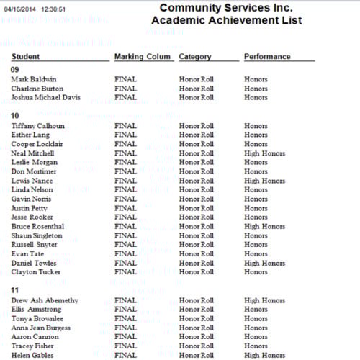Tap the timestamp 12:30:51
coord(54,9)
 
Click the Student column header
coord(25,56)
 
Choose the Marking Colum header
coord(143,56)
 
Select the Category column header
coord(194,56)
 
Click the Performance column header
coord(267,56)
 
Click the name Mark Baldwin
coord(34,79)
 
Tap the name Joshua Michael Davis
coord(45,97)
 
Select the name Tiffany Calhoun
coord(37,125)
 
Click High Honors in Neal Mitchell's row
coord(264,153)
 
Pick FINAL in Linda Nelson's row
coord(125,189)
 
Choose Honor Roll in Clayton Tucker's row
coord(197,272)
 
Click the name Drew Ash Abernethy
coord(45,300)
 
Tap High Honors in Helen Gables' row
coord(264,355)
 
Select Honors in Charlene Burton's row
coord(256,89)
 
